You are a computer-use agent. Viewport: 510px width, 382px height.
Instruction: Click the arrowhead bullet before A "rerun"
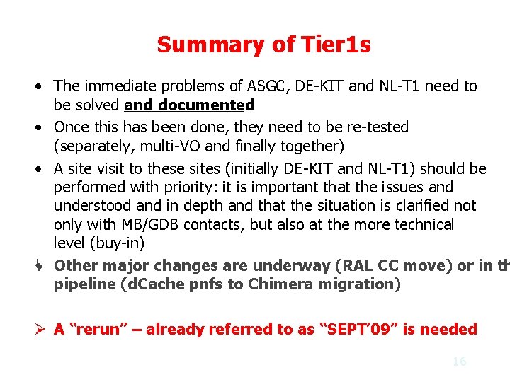pyautogui.click(x=40, y=329)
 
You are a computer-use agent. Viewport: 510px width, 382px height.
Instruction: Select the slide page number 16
pyautogui.click(x=459, y=361)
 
